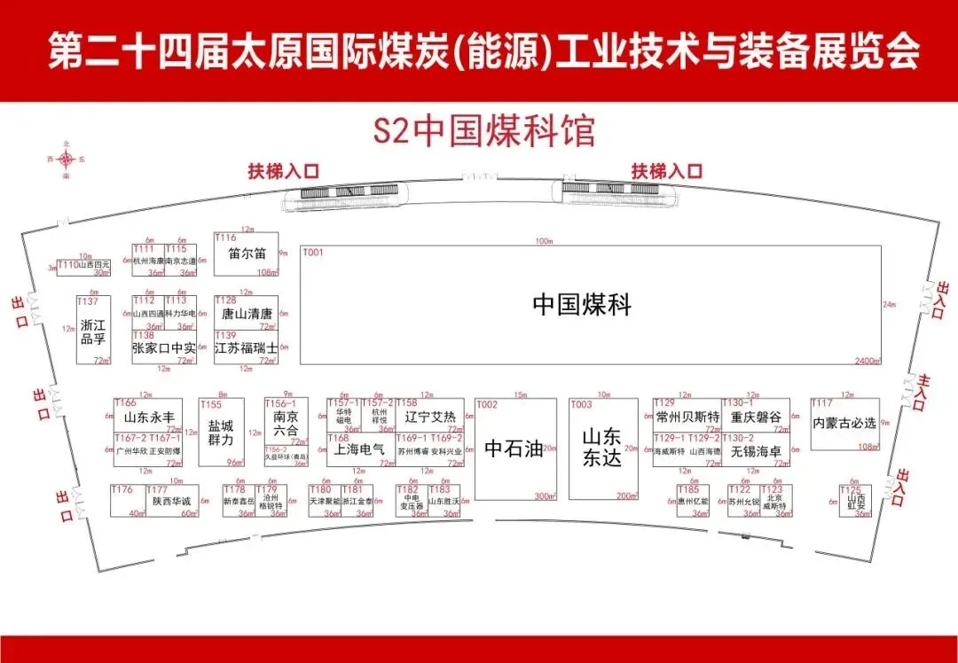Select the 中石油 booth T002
click(x=514, y=448)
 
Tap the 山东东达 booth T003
click(x=603, y=448)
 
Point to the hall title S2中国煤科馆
click(x=483, y=131)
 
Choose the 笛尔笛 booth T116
click(x=246, y=254)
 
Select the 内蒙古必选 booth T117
click(x=844, y=424)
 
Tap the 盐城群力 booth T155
click(x=221, y=433)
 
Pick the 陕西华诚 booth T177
click(x=170, y=501)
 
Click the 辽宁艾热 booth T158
click(x=429, y=416)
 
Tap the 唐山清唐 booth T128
click(x=246, y=313)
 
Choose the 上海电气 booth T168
click(x=359, y=449)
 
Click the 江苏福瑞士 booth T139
click(x=246, y=347)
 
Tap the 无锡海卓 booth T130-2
click(x=755, y=450)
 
